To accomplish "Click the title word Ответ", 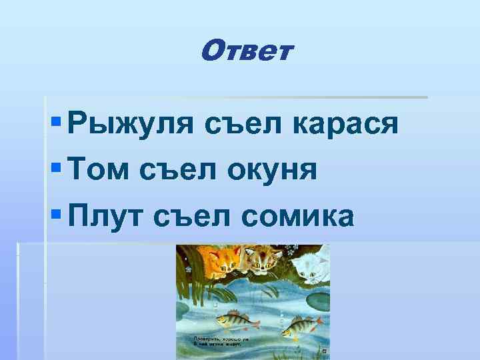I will click(x=245, y=50).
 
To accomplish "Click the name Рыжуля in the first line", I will click(x=131, y=124).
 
